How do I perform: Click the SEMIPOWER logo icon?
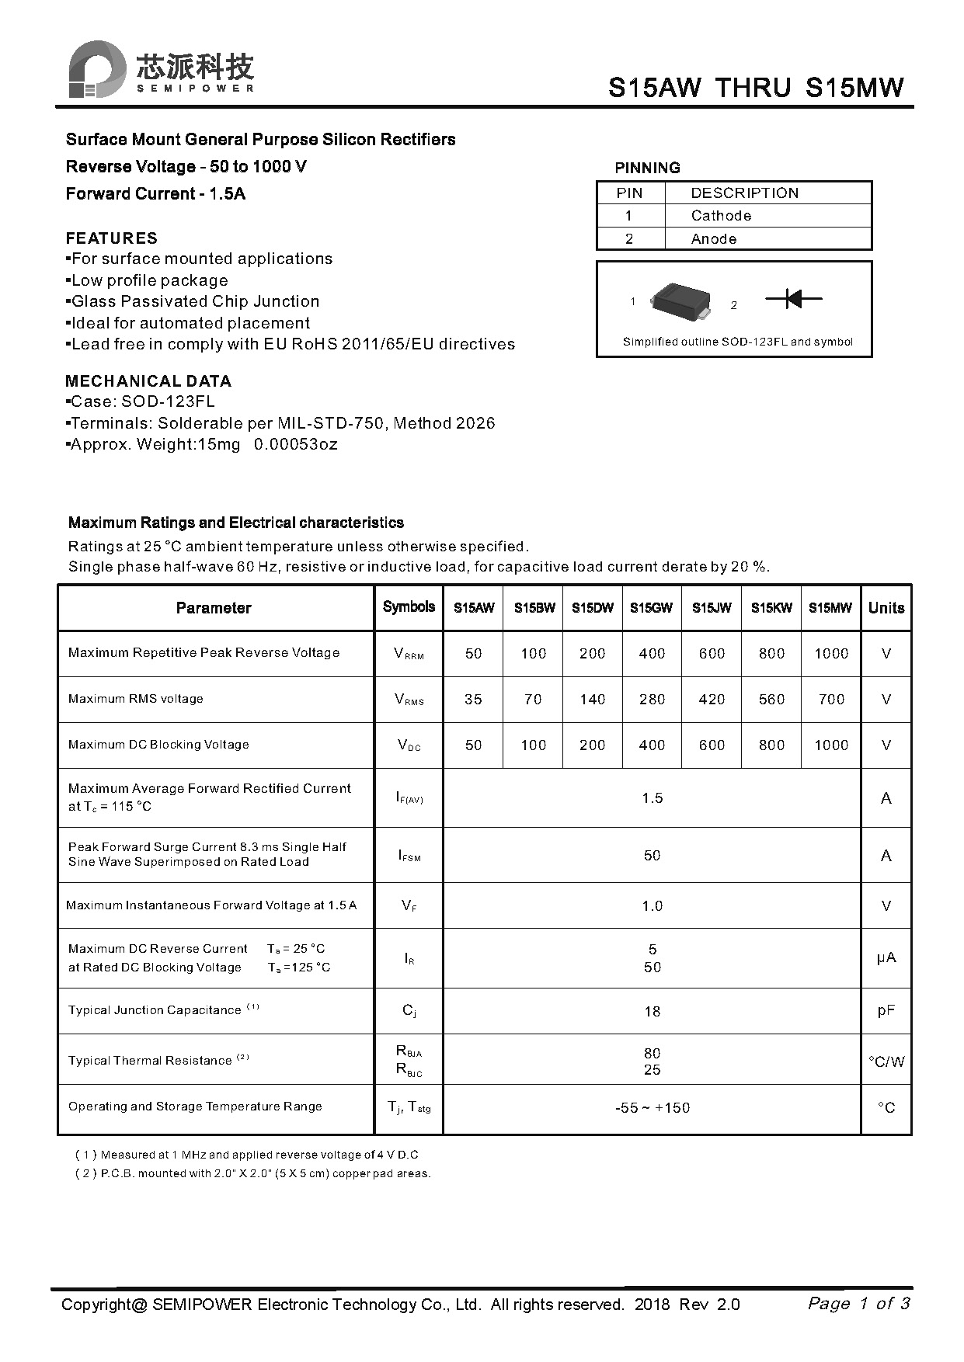[97, 69]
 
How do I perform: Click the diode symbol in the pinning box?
[793, 298]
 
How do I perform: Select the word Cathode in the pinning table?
[721, 216]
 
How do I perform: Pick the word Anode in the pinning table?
[713, 239]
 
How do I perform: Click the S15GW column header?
[651, 608]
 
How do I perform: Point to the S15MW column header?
[830, 608]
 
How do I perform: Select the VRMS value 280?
[652, 700]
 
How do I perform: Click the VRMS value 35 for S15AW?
[473, 700]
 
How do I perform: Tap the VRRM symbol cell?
[409, 654]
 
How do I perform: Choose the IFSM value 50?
[652, 856]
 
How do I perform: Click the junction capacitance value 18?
[652, 1012]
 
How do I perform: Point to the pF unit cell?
[886, 1011]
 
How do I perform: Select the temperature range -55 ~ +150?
[652, 1108]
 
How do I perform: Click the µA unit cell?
[886, 958]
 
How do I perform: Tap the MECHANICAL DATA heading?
[148, 381]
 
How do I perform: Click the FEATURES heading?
[111, 238]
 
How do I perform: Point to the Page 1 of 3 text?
[858, 1303]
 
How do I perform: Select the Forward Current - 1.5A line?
[155, 194]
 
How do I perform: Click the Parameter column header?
[214, 608]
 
